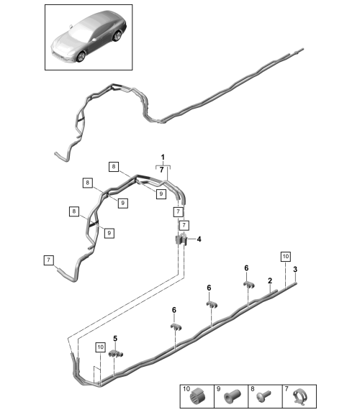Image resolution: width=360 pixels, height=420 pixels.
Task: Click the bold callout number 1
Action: tap(163, 157)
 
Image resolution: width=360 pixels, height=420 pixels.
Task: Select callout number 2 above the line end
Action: tap(270, 280)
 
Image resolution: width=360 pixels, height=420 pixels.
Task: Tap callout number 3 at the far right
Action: tap(295, 269)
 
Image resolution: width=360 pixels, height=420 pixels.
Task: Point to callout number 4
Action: tap(199, 239)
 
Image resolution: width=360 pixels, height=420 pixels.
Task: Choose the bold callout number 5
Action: tap(115, 339)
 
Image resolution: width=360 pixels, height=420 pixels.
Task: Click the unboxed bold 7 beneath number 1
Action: tap(161, 170)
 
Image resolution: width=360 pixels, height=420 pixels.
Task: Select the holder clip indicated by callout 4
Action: tap(181, 239)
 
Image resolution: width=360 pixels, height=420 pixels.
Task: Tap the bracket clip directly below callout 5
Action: tap(116, 355)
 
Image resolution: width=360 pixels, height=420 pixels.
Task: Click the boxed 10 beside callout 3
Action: tap(285, 256)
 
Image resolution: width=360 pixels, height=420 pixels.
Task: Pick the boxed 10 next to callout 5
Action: tap(100, 347)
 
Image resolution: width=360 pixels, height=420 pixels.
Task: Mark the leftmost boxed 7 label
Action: tap(48, 260)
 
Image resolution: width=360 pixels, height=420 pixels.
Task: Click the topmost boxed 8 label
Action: tap(114, 167)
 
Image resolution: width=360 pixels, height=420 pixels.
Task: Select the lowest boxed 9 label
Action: tap(109, 233)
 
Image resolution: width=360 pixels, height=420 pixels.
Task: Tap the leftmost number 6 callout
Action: tap(174, 310)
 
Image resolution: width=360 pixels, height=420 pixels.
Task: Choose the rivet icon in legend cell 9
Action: tap(232, 396)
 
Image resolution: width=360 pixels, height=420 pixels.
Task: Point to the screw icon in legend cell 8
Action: tap(264, 395)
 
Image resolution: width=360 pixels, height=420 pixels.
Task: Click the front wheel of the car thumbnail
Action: tap(81, 57)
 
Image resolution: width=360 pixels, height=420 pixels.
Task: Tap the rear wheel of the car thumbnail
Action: tap(117, 37)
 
